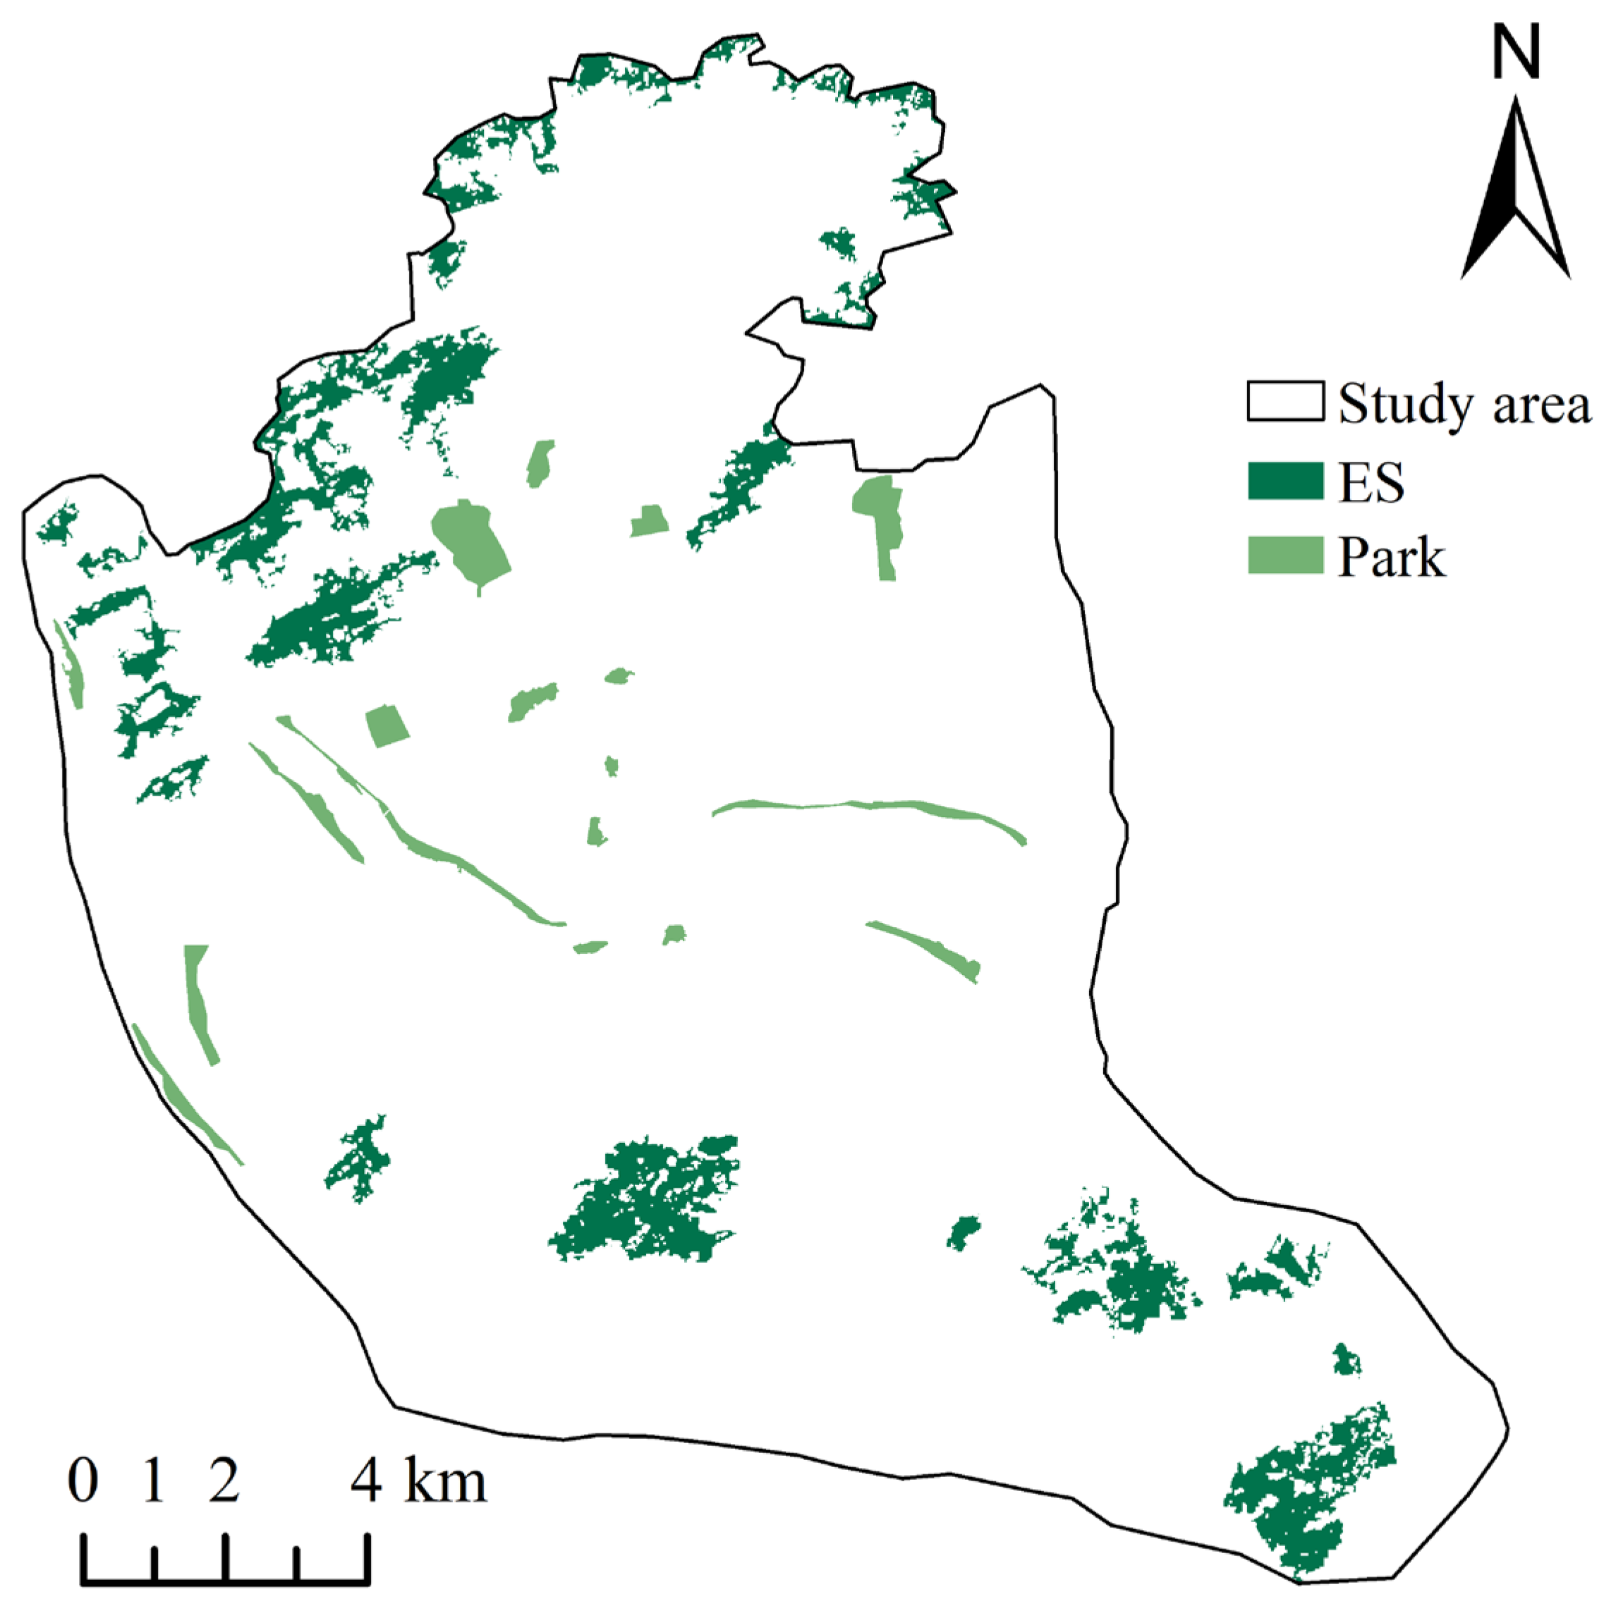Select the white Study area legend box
tap(1284, 401)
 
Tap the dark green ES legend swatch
tap(1284, 481)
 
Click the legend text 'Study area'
tap(1463, 405)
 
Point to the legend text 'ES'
tap(1371, 483)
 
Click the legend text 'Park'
tap(1391, 557)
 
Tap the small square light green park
tap(388, 725)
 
